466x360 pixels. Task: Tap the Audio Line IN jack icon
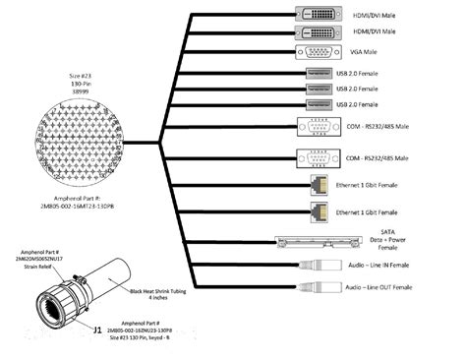(320, 266)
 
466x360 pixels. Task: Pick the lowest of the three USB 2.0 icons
(318, 103)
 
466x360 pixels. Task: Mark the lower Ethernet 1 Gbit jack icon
(320, 211)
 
